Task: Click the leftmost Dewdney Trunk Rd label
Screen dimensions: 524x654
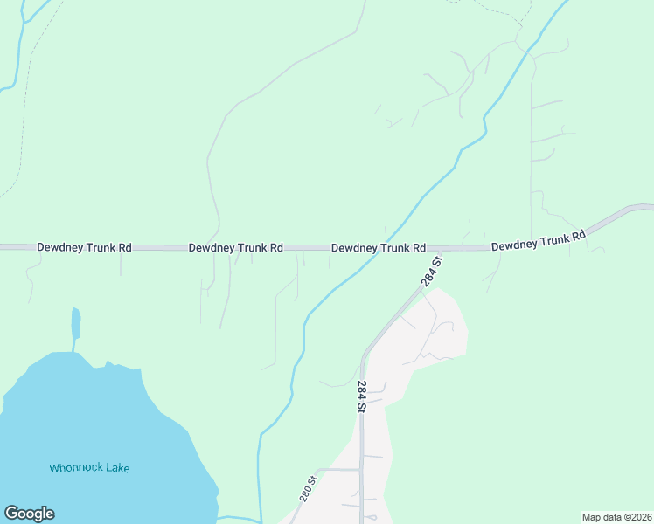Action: [x=84, y=248]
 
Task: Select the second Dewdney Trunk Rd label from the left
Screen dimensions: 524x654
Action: [x=235, y=248]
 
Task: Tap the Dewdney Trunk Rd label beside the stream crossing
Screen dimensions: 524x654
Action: [x=378, y=248]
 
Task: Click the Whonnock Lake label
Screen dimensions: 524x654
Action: [x=89, y=468]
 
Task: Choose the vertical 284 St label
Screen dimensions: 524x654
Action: [x=361, y=395]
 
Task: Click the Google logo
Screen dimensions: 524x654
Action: [x=29, y=514]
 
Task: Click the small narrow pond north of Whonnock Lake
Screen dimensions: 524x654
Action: [x=76, y=323]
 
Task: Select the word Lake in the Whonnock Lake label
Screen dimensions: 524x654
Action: [x=116, y=468]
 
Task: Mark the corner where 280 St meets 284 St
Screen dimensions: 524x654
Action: [x=360, y=470]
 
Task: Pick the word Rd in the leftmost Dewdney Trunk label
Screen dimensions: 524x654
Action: [x=124, y=248]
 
